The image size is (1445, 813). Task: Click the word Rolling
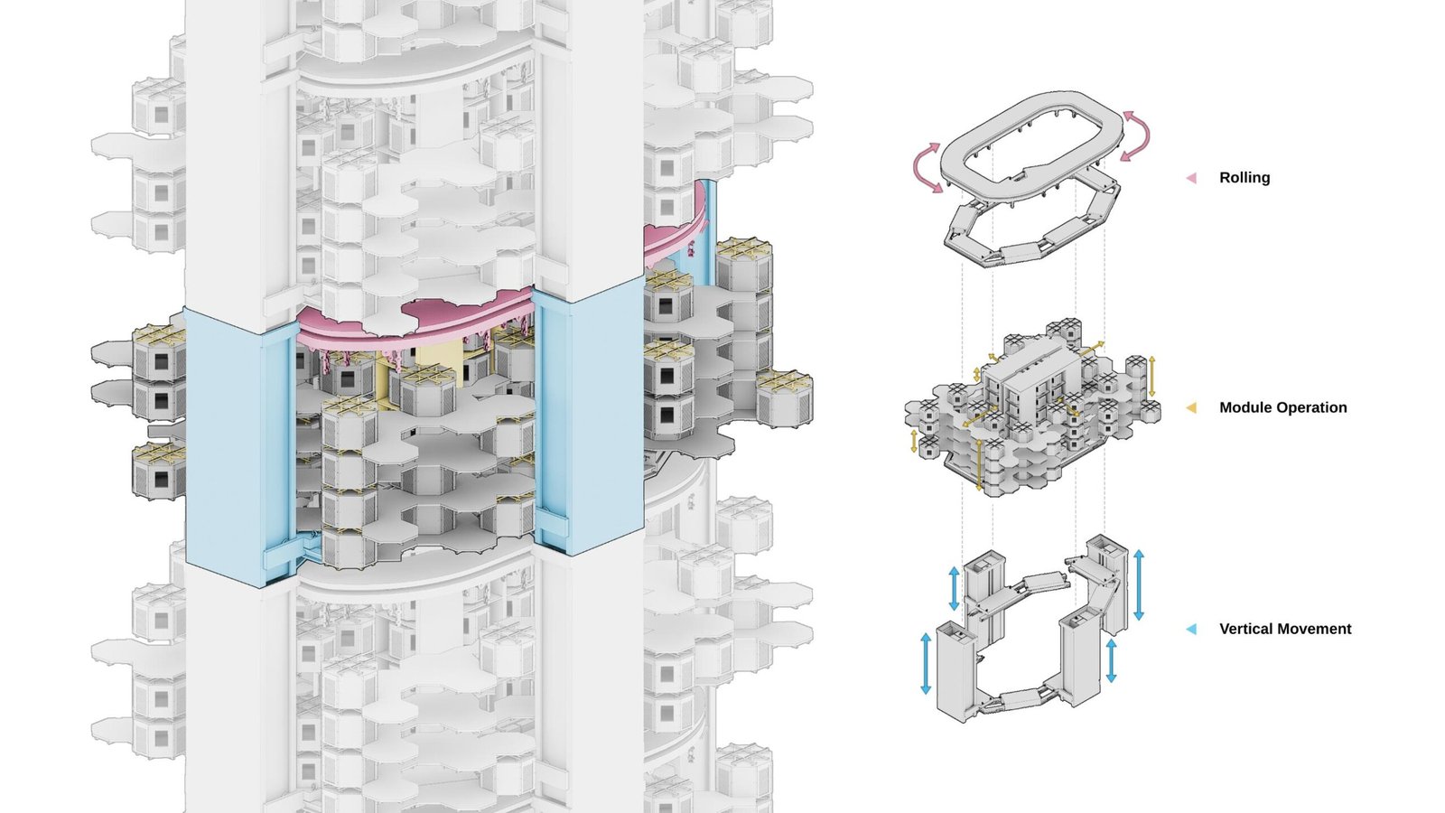point(1245,177)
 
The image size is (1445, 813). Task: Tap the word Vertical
point(1245,629)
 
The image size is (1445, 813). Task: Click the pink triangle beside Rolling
point(1191,178)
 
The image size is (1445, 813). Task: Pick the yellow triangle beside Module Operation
point(1191,407)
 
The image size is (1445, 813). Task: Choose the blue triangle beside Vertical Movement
point(1191,629)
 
